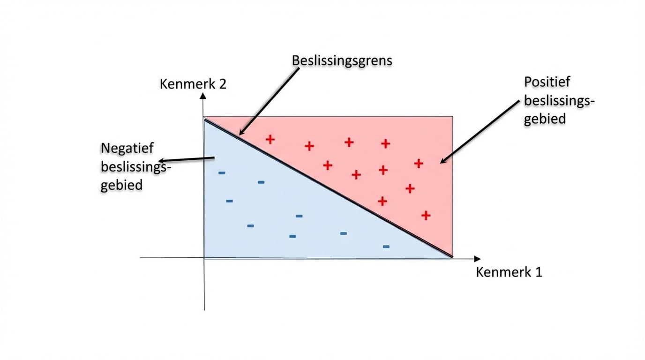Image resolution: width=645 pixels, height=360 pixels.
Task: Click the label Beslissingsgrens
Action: (342, 61)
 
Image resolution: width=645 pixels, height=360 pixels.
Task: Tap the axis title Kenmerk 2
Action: (193, 84)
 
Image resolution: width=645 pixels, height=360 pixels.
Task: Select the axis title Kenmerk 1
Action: (509, 272)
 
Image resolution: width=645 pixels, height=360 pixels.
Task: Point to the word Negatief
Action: (127, 148)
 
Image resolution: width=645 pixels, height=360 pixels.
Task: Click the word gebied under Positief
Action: (545, 119)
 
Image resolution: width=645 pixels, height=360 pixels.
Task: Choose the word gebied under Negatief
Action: (121, 185)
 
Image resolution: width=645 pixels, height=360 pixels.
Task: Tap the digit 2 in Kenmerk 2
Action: (223, 84)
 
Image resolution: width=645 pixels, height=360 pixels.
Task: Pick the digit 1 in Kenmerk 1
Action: (539, 272)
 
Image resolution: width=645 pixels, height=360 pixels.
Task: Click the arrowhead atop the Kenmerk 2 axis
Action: (203, 96)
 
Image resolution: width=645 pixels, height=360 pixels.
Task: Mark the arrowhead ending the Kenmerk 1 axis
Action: (477, 259)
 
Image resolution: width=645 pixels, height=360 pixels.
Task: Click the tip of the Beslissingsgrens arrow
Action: (240, 135)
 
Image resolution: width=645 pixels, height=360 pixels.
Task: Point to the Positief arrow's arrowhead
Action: (441, 163)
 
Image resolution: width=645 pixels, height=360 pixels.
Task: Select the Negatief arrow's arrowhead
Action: (159, 161)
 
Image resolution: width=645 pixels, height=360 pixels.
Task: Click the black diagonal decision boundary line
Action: (328, 188)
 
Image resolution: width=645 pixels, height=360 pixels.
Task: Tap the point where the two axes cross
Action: (204, 258)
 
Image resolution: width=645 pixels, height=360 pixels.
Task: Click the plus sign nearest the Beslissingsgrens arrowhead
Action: (270, 140)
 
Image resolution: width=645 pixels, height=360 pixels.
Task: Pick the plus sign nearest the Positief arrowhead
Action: (419, 164)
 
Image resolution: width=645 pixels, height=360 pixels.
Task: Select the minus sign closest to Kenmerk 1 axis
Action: (386, 247)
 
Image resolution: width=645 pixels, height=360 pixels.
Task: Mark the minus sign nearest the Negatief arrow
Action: (222, 173)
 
